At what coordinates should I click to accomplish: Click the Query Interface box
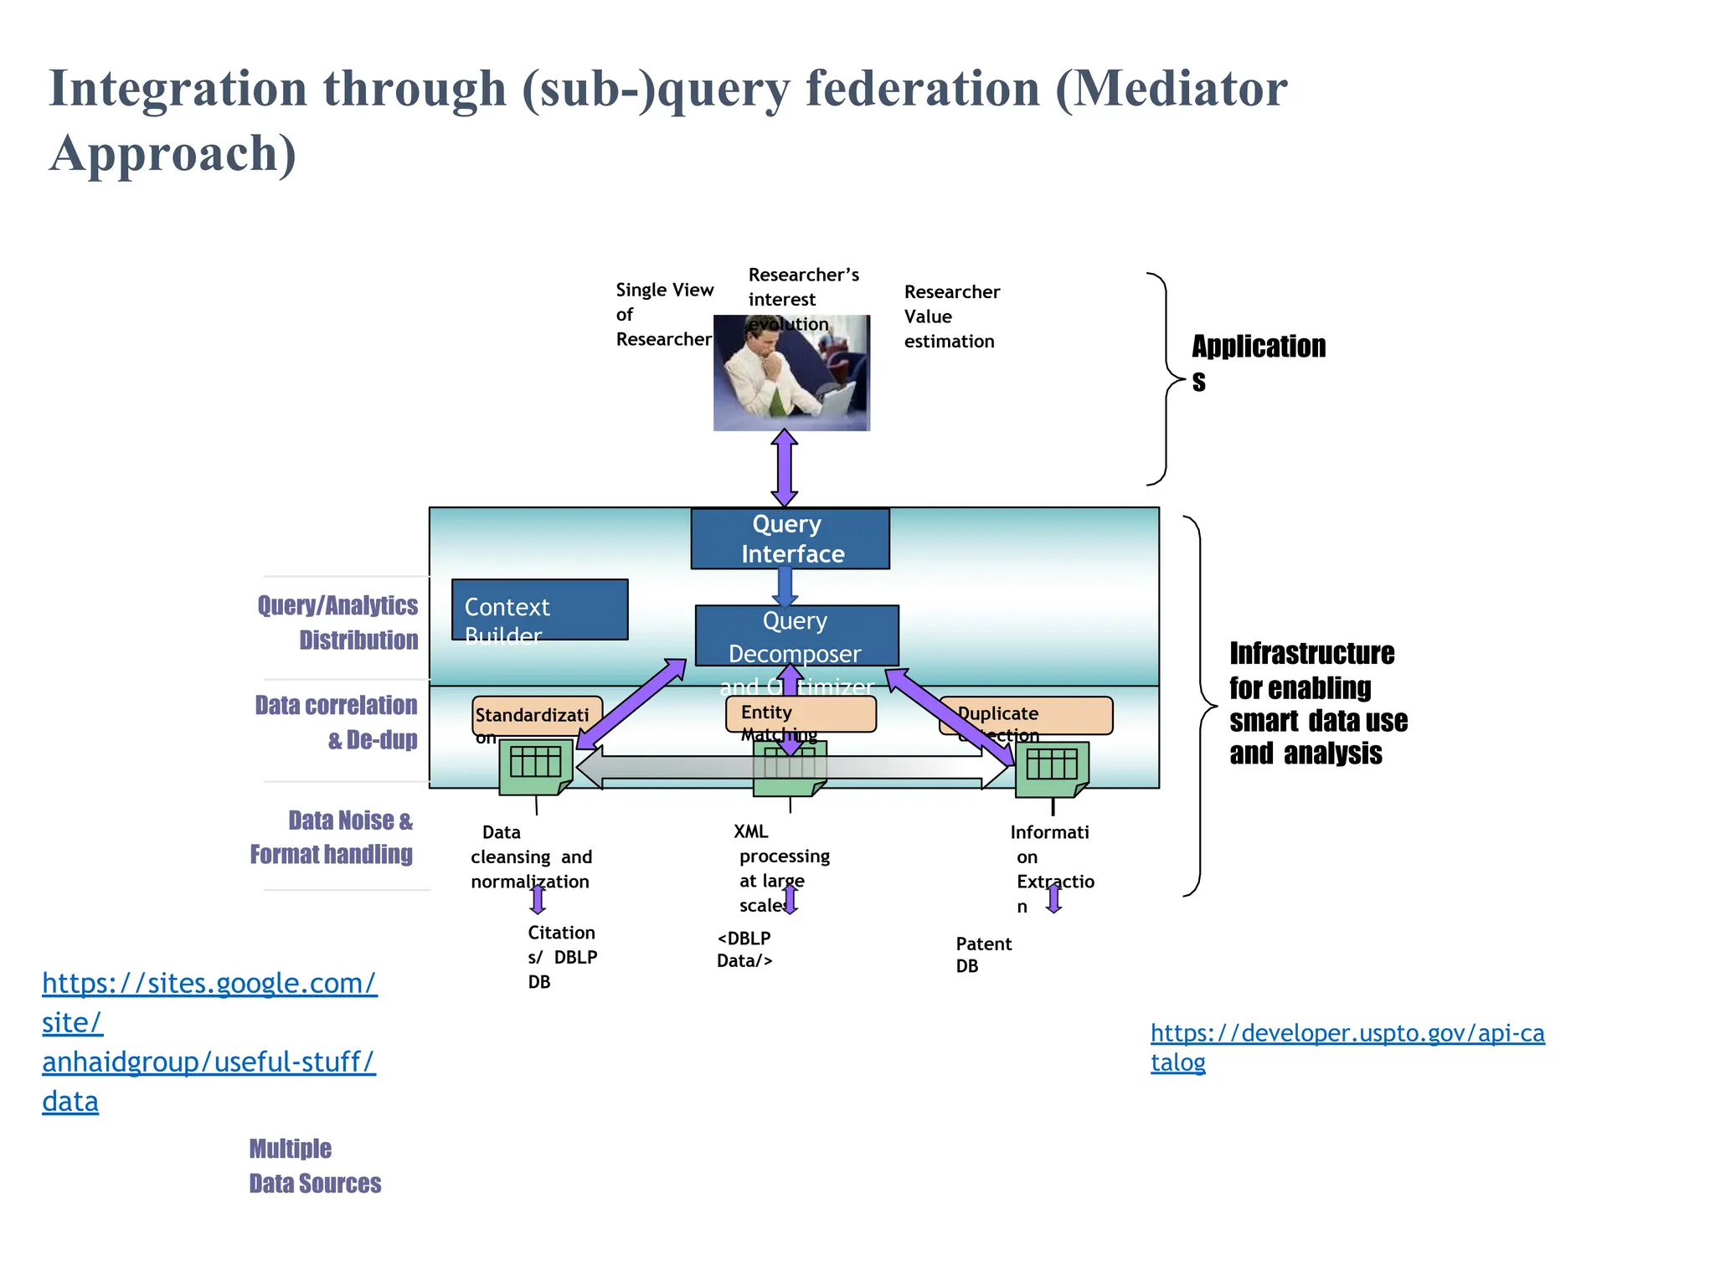tap(790, 538)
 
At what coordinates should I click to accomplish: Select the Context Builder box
tap(539, 610)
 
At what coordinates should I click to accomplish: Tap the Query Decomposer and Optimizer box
tap(796, 636)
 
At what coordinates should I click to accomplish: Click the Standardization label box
tap(536, 716)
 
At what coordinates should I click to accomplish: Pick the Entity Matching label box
tap(801, 714)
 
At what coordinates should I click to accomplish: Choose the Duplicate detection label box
tap(1026, 716)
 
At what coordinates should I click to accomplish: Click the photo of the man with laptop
tap(791, 374)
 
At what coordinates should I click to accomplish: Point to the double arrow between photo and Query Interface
tap(784, 468)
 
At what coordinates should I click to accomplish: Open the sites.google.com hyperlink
tap(209, 1041)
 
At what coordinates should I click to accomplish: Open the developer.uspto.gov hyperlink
tap(1347, 1047)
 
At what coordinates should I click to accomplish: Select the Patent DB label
tap(983, 954)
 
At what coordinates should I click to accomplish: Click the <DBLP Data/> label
tap(744, 949)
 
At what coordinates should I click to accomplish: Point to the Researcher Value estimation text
tap(951, 316)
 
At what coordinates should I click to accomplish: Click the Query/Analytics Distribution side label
tap(339, 622)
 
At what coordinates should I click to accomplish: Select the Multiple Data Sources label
tap(314, 1165)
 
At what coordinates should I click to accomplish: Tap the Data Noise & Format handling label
tap(332, 836)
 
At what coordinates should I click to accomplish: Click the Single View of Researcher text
tap(664, 314)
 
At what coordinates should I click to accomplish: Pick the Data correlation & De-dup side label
tap(337, 722)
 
